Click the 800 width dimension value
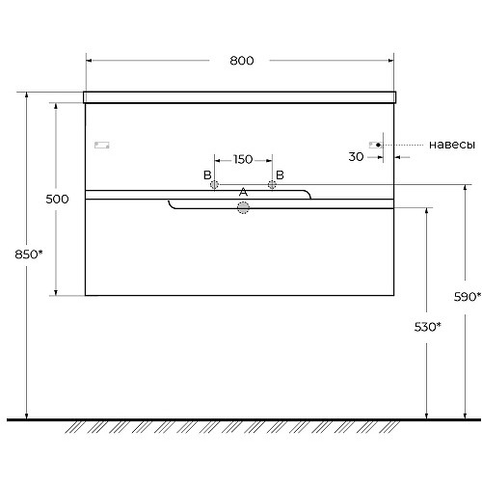242,61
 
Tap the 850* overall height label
29,254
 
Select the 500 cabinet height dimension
57,200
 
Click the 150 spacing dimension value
243,159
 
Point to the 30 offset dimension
356,157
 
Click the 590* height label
468,297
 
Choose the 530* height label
428,327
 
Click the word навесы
452,145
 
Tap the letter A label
243,192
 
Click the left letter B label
207,175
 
